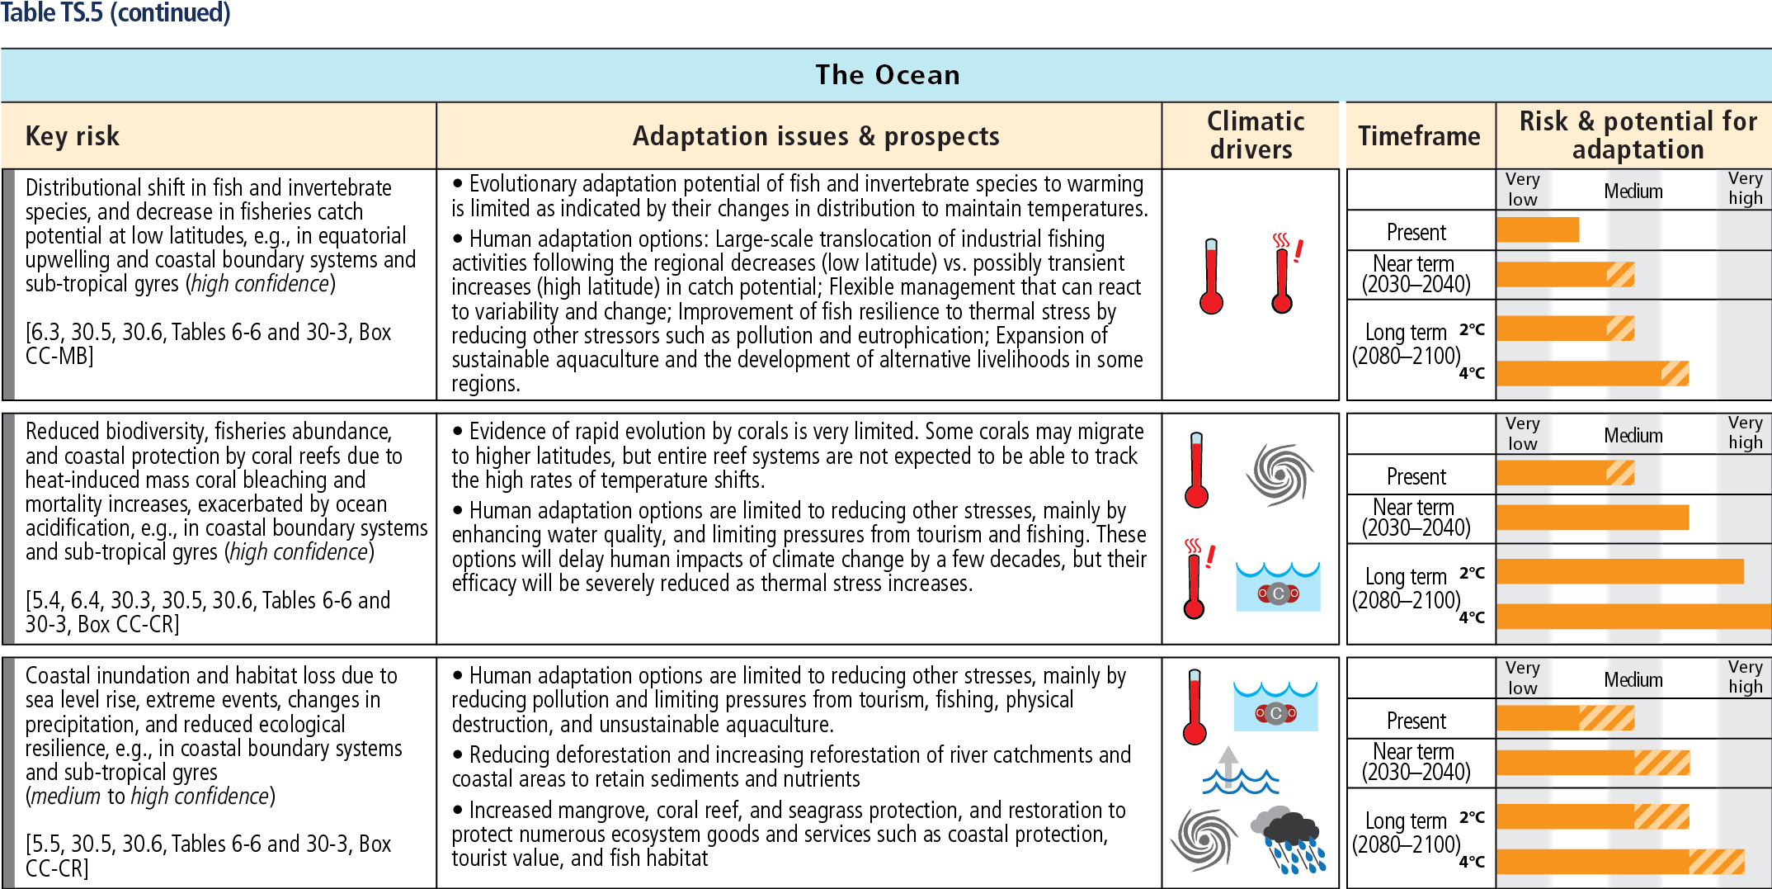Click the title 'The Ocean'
tap(888, 75)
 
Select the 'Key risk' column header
tap(73, 136)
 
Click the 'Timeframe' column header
tap(1419, 136)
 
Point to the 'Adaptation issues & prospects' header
tap(816, 136)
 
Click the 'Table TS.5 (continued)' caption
tap(115, 13)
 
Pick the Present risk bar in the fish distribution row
tap(1538, 229)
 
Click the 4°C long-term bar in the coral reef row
tap(1634, 616)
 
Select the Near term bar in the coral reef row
tap(1593, 518)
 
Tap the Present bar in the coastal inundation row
tap(1566, 718)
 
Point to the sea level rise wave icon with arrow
tap(1240, 770)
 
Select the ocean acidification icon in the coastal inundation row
tap(1275, 707)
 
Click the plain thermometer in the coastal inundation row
tap(1195, 707)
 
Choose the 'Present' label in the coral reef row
tap(1416, 477)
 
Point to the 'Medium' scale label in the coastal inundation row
tap(1633, 680)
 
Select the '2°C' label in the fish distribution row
tap(1472, 329)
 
